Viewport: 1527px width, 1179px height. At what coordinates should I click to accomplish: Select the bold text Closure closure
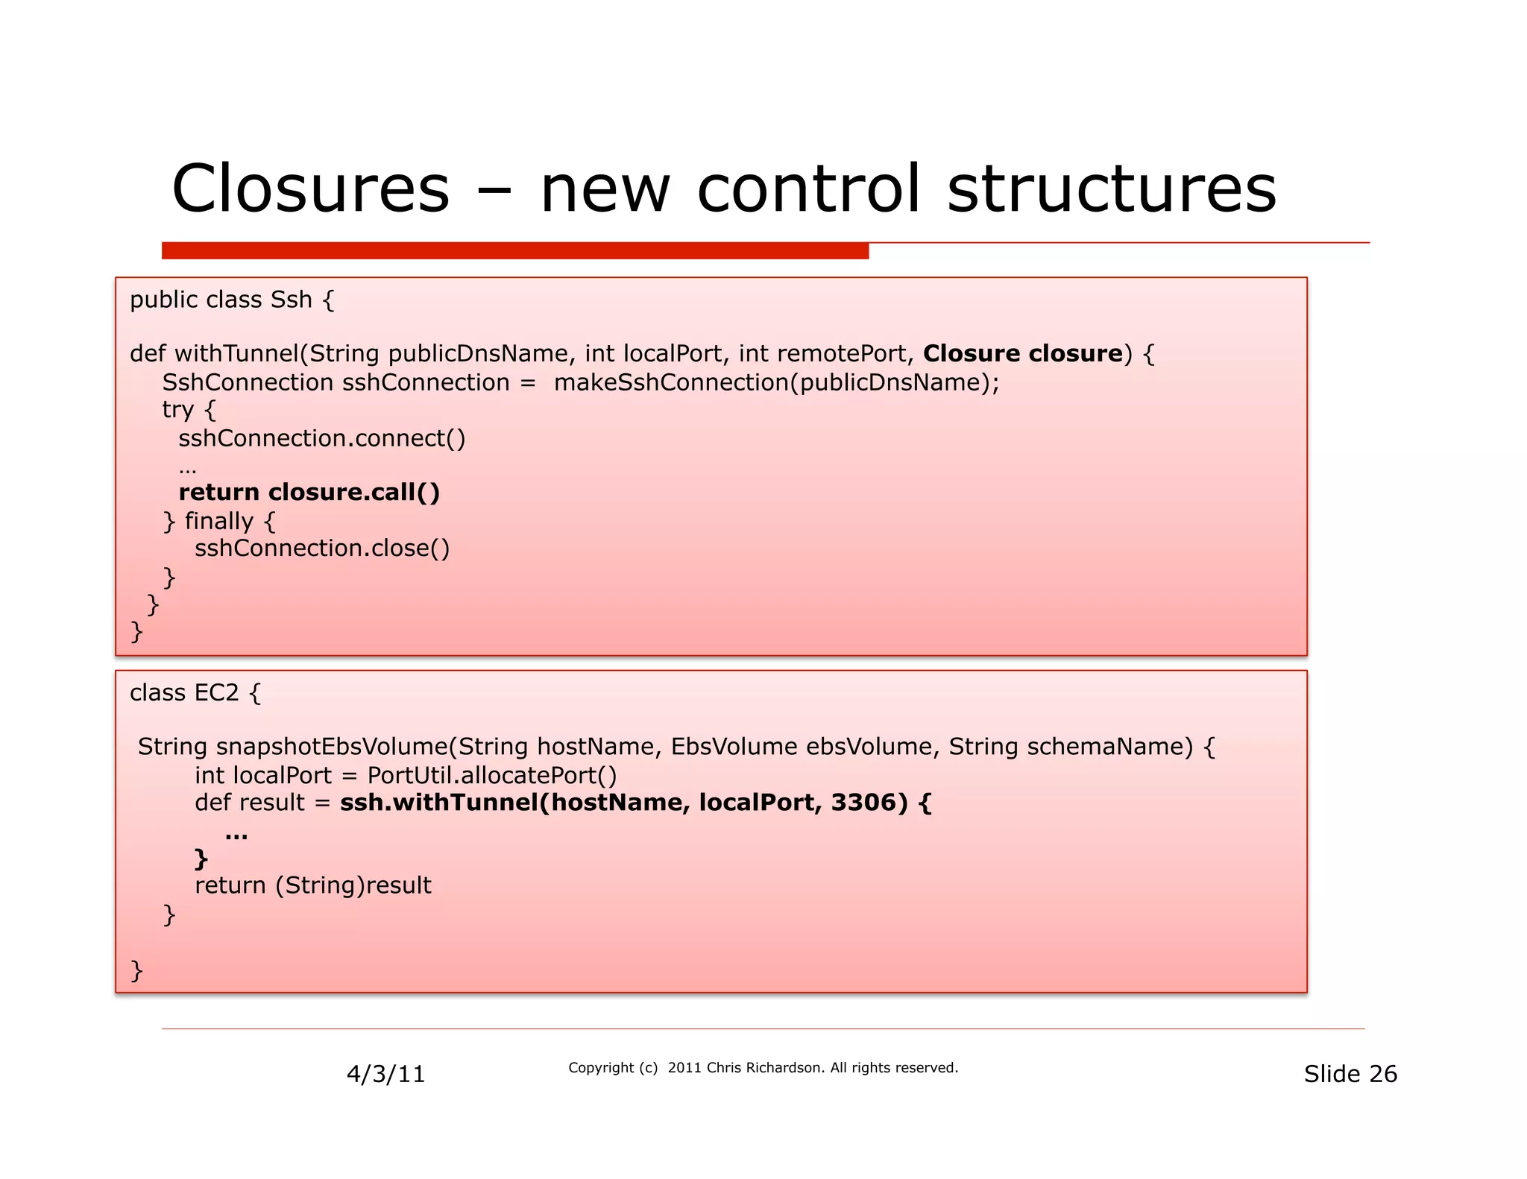point(1022,353)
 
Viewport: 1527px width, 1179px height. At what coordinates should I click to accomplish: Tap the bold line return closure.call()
point(309,493)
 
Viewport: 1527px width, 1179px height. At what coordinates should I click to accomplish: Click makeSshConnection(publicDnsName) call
point(775,382)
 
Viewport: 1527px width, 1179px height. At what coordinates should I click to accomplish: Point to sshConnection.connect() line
point(321,438)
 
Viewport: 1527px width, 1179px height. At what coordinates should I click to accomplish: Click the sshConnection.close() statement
point(322,549)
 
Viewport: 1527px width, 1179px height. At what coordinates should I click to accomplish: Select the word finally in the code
point(218,521)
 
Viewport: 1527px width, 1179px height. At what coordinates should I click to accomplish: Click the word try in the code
point(177,410)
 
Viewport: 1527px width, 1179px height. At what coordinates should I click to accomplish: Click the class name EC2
point(216,693)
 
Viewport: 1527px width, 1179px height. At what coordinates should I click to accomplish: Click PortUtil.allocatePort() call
point(492,776)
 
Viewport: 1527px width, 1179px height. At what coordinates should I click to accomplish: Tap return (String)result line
point(312,885)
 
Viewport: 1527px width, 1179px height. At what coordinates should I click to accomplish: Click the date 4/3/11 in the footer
point(385,1074)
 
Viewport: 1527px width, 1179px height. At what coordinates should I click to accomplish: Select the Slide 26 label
point(1350,1074)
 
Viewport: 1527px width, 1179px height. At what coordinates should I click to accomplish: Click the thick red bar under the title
point(514,250)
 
